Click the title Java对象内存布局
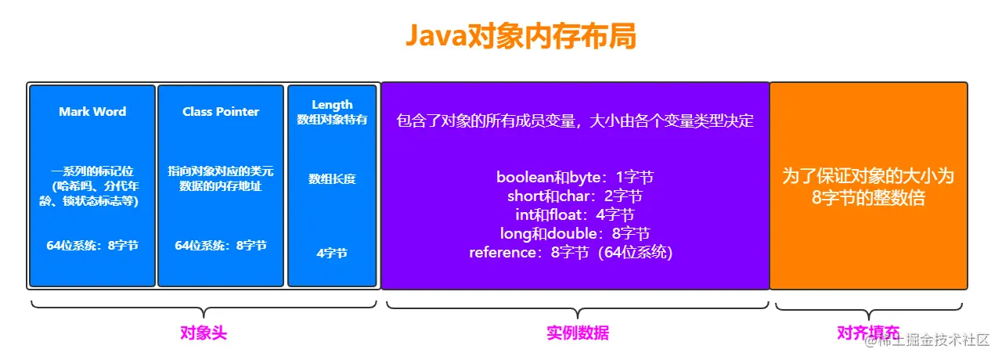[520, 37]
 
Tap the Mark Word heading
[92, 112]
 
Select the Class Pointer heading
[221, 112]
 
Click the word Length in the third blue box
[332, 105]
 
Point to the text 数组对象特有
[332, 120]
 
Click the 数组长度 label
[332, 179]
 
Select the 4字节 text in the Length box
[332, 254]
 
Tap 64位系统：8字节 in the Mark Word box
[92, 246]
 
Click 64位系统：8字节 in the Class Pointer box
[221, 246]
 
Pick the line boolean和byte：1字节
[575, 177]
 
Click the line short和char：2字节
[575, 196]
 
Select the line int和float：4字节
[575, 214]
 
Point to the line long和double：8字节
[575, 233]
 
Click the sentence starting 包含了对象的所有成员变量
[575, 121]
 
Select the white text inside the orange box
[868, 186]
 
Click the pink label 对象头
[204, 333]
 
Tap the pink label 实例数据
[577, 333]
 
